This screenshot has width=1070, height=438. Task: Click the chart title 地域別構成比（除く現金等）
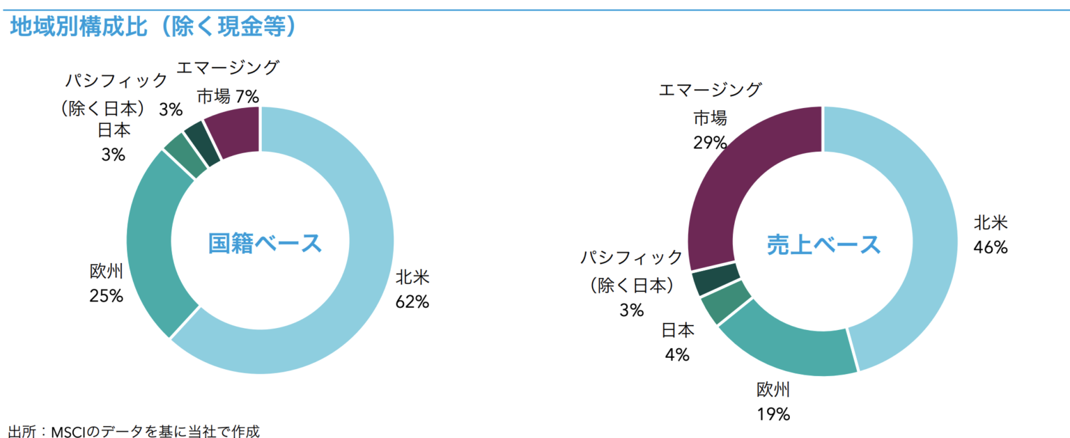pos(154,27)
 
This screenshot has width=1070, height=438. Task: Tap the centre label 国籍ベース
pos(265,244)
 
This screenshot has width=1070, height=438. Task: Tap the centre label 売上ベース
pos(824,244)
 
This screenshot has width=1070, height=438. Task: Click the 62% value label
pos(412,302)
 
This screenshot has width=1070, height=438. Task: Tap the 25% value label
pos(106,296)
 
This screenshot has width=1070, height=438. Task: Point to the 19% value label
pos(773,414)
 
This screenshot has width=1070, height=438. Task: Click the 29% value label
pos(710,143)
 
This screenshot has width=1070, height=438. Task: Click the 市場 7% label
pos(228,95)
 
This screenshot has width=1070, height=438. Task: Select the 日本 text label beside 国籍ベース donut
pos(114,130)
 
